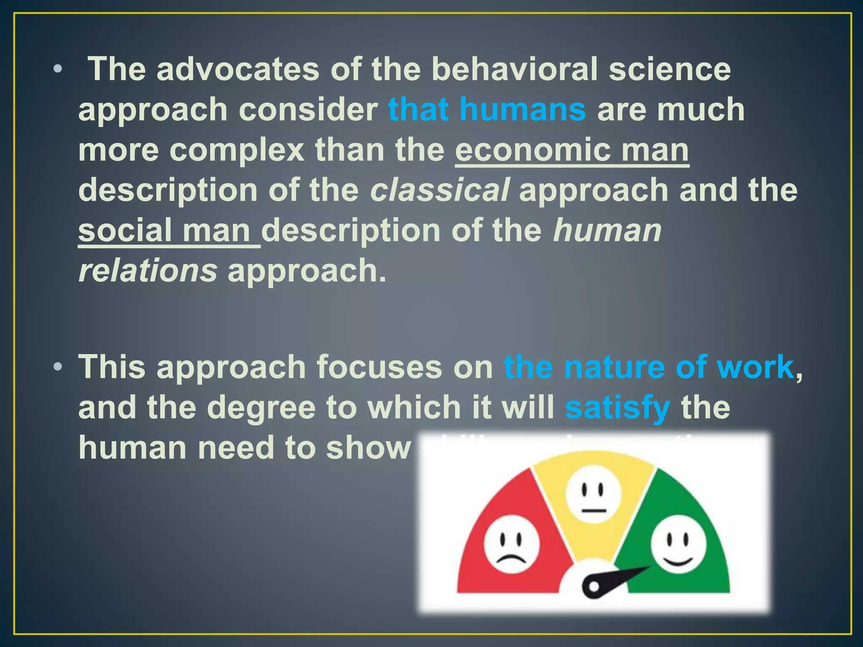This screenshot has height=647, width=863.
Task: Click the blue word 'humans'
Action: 523,110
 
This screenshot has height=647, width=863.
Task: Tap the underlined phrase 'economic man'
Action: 572,150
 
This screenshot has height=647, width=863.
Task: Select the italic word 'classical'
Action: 440,190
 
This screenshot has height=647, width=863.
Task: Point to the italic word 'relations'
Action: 147,271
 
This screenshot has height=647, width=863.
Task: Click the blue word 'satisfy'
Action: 617,408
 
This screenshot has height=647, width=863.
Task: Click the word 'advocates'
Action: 238,69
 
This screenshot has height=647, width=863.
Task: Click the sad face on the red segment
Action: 511,544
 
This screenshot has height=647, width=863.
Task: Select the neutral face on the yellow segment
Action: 593,494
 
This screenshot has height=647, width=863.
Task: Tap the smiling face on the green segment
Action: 678,544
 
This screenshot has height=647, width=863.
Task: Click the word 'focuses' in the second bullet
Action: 379,367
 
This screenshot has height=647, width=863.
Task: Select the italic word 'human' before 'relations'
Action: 607,231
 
